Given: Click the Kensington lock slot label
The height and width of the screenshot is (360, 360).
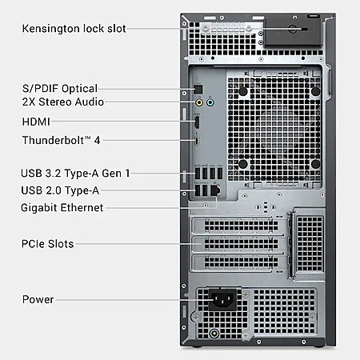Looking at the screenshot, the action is pyautogui.click(x=74, y=29).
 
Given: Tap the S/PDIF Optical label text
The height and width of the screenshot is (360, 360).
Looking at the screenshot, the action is pyautogui.click(x=60, y=89).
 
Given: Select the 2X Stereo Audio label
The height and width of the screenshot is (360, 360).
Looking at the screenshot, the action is pyautogui.click(x=63, y=102).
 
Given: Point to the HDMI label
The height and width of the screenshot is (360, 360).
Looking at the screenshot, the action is pyautogui.click(x=36, y=122).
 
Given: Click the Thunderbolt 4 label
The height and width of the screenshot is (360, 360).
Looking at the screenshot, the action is pyautogui.click(x=61, y=140).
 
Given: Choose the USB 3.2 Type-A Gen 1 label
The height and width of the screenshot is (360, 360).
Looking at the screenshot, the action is pyautogui.click(x=75, y=174).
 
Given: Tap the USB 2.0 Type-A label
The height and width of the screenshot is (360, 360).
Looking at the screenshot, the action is pyautogui.click(x=60, y=190).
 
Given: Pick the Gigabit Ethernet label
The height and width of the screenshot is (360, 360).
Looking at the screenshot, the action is pyautogui.click(x=62, y=207).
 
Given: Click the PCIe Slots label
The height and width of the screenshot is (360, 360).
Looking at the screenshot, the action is pyautogui.click(x=47, y=244).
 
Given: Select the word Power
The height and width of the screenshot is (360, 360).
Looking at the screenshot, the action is pyautogui.click(x=38, y=299).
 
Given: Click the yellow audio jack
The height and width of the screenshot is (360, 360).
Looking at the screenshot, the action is pyautogui.click(x=199, y=102).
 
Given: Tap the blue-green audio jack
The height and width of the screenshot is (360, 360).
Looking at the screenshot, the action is pyautogui.click(x=210, y=102).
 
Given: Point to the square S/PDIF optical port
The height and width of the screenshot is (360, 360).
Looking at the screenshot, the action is pyautogui.click(x=198, y=90).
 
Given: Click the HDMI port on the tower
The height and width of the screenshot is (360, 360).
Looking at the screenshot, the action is pyautogui.click(x=197, y=122).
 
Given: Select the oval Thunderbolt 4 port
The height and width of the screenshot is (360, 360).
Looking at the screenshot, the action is pyautogui.click(x=197, y=141).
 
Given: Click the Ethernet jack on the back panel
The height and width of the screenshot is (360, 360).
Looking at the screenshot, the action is pyautogui.click(x=215, y=190).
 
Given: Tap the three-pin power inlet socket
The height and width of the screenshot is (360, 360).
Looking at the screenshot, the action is pyautogui.click(x=222, y=300).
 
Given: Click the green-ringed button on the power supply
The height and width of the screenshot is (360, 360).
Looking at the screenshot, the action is pyautogui.click(x=214, y=334).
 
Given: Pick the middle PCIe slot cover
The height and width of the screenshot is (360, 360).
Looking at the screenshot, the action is pyautogui.click(x=238, y=243).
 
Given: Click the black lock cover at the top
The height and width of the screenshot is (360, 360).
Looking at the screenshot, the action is pyautogui.click(x=293, y=32).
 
